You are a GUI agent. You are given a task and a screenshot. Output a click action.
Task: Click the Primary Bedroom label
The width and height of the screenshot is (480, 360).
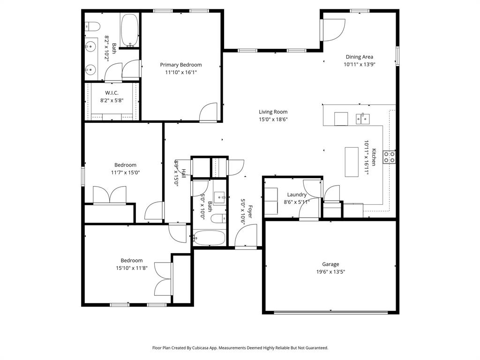(181, 65)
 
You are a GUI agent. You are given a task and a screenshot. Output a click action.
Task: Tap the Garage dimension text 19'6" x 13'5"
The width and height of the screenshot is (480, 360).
(330, 271)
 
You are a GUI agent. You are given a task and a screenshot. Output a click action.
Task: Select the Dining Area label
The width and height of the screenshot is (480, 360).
(360, 57)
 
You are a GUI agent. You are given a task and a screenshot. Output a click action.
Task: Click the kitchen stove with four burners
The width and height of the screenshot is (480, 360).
(389, 157)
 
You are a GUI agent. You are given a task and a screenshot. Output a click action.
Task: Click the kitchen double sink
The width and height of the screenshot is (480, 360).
(362, 118)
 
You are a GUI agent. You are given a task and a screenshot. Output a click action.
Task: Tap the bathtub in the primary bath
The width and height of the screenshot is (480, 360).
(129, 30)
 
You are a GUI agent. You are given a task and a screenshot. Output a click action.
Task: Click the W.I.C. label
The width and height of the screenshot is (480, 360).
(112, 93)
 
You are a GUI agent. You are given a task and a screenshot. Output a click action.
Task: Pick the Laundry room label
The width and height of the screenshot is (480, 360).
(297, 195)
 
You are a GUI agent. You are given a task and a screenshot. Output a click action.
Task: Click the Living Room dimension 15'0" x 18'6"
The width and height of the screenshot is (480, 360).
(273, 119)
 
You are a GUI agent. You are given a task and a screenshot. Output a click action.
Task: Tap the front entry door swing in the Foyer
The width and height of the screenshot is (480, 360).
(247, 236)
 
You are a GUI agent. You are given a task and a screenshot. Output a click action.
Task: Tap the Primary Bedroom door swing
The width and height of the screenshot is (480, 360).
(208, 112)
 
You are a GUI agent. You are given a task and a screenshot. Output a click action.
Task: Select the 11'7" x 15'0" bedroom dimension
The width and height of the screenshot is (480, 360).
(125, 172)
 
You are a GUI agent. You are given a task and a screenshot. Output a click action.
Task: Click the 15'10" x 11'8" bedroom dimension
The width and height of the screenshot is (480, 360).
(131, 268)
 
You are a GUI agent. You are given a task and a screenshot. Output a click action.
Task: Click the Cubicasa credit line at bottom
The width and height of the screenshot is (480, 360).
(240, 348)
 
